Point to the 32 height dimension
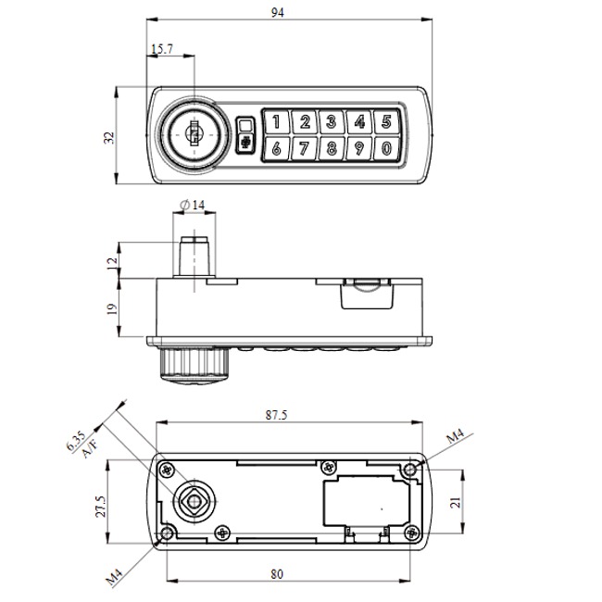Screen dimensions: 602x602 pos(109,136)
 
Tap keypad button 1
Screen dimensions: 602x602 pos(277,121)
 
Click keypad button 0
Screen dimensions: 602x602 pos(386,149)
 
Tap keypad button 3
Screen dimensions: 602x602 pos(331,121)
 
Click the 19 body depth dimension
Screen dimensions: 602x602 pos(112,308)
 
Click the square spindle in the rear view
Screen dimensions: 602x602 pos(194,501)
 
